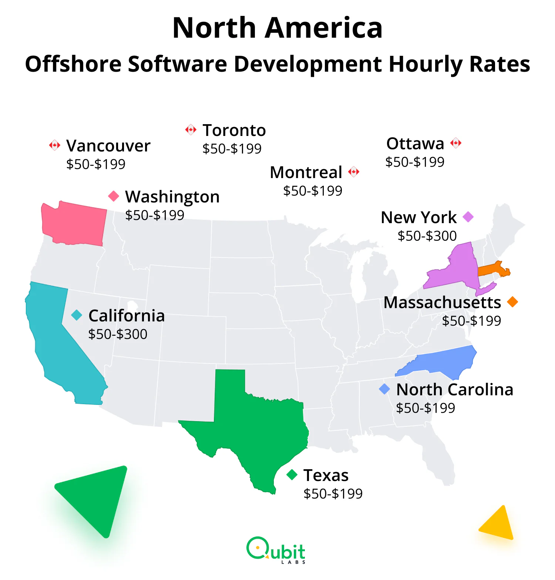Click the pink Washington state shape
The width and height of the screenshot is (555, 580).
(x=74, y=224)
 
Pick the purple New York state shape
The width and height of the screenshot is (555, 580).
(x=459, y=270)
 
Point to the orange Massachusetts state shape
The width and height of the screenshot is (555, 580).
(x=492, y=269)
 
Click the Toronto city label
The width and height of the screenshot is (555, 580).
(x=234, y=130)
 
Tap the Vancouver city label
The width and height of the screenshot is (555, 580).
(x=108, y=146)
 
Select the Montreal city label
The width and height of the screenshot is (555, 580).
(x=306, y=173)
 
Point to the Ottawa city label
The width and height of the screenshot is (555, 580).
(x=415, y=144)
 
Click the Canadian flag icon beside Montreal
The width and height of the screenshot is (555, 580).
(x=354, y=172)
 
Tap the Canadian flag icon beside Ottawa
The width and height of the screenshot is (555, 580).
(x=456, y=143)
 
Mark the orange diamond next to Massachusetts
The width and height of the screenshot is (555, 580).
(x=512, y=302)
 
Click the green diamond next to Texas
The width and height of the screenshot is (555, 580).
(x=292, y=475)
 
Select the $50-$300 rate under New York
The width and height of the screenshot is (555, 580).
(x=427, y=236)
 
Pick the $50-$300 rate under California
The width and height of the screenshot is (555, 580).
(x=118, y=334)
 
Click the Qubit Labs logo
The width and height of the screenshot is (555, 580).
(x=276, y=550)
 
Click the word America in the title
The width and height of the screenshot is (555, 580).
(x=324, y=28)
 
